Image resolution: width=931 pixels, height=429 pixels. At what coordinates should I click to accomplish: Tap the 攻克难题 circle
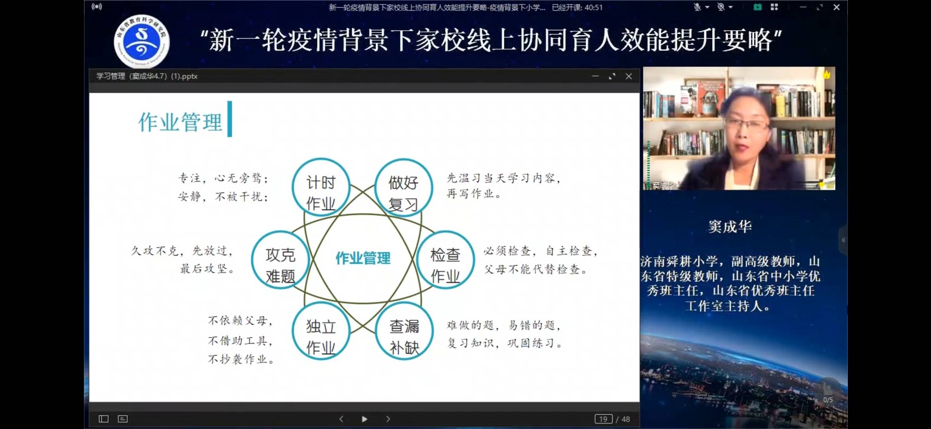280,260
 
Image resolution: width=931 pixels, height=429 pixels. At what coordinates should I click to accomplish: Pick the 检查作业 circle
445,260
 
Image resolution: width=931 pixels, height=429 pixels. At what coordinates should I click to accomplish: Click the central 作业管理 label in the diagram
363,258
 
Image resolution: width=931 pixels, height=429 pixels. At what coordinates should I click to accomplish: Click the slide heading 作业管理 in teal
180,122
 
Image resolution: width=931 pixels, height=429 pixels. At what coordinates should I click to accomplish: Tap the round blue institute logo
142,41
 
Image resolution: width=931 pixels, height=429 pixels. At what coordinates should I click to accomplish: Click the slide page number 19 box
603,419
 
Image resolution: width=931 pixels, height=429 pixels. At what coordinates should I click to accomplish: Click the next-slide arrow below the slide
388,419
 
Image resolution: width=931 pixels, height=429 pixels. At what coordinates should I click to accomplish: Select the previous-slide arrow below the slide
341,419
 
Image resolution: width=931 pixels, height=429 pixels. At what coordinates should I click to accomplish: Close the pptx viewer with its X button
629,76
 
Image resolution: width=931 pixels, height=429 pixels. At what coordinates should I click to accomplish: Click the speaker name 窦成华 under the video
730,227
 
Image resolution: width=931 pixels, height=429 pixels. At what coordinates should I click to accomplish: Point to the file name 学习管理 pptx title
147,76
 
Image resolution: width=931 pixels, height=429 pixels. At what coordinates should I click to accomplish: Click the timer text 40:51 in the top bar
594,8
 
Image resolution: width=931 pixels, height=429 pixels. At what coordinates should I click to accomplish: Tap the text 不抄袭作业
240,359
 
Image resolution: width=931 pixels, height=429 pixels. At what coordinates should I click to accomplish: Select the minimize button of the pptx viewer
595,76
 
